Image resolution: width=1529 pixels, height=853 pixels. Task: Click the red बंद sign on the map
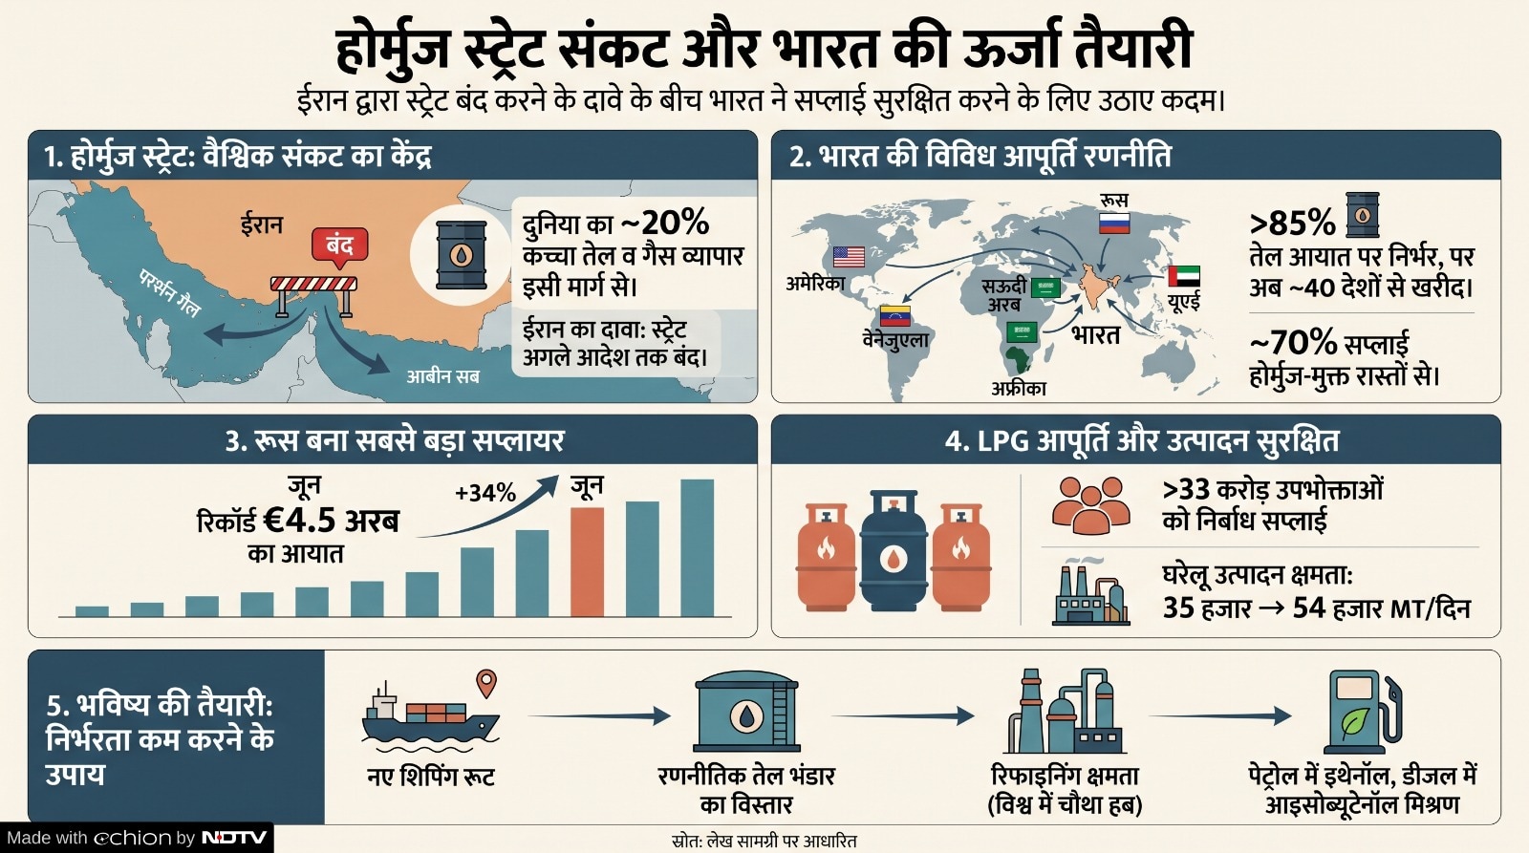339,245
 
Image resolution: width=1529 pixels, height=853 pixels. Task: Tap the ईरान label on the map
261,224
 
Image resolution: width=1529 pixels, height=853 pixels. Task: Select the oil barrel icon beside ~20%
462,254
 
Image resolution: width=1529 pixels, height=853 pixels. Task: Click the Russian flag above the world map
1114,224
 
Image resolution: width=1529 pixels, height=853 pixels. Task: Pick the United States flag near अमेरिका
849,257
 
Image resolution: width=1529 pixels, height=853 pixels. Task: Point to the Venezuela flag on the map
894,316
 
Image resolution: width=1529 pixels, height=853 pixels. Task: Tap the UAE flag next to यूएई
1184,276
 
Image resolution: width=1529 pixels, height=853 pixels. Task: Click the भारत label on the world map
1095,335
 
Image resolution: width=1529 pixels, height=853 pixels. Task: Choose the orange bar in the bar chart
587,563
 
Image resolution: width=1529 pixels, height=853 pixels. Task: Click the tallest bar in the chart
697,548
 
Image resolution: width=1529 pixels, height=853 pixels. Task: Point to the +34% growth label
485,493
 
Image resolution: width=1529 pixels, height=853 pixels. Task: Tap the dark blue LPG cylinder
894,549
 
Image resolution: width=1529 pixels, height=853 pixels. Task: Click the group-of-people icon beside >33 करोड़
1090,505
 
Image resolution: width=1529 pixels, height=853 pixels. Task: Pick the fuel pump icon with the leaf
1363,711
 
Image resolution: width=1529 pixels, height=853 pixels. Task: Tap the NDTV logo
234,838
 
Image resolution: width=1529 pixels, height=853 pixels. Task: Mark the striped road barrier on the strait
313,295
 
